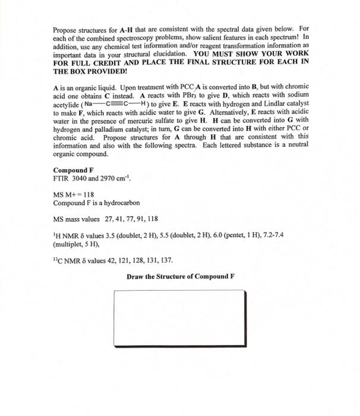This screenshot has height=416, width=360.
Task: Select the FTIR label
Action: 61,178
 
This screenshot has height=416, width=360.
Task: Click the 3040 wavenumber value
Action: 80,178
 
